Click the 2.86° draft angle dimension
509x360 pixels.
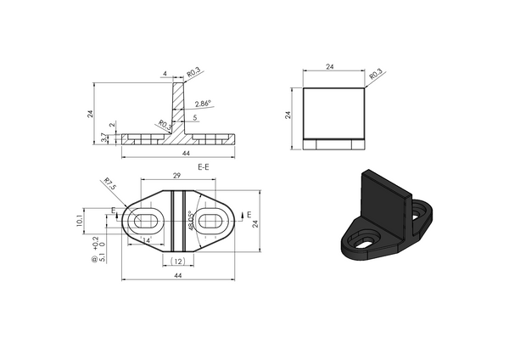coord(203,104)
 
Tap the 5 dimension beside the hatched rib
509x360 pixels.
coord(195,117)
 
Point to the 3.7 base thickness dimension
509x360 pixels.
coord(103,137)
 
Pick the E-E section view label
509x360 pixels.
coord(204,167)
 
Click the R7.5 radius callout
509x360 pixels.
coord(109,181)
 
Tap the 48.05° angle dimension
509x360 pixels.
coord(191,220)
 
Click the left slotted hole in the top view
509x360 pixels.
coord(143,221)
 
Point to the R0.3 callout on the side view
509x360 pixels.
coord(376,76)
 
